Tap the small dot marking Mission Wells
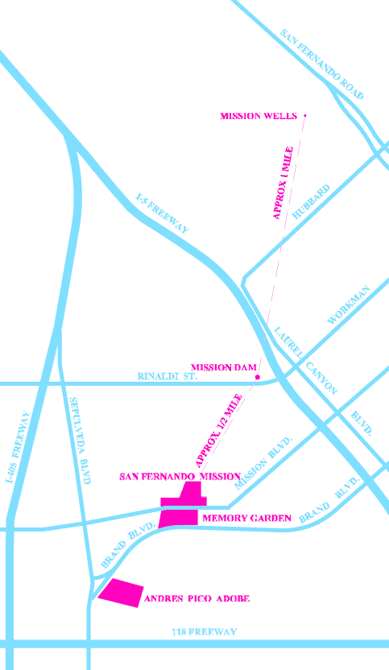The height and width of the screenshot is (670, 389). click(x=305, y=116)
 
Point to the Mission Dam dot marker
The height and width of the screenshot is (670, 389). click(x=257, y=377)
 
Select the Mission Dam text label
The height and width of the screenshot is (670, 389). click(x=224, y=367)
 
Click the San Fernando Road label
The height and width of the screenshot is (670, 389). click(x=321, y=64)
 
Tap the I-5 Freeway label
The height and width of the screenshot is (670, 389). click(x=162, y=213)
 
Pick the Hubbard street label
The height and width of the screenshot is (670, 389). click(x=311, y=202)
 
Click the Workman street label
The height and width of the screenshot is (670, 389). click(x=349, y=305)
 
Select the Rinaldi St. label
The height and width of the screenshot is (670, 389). click(x=168, y=376)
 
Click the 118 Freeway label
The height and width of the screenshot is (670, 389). click(x=205, y=632)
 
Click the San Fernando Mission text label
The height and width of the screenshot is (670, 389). click(x=180, y=477)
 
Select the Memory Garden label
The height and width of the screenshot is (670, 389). click(x=246, y=518)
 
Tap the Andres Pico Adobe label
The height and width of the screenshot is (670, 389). click(x=197, y=598)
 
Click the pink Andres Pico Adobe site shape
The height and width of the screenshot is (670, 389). click(x=121, y=591)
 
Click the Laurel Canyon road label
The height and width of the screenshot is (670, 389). click(x=304, y=359)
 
